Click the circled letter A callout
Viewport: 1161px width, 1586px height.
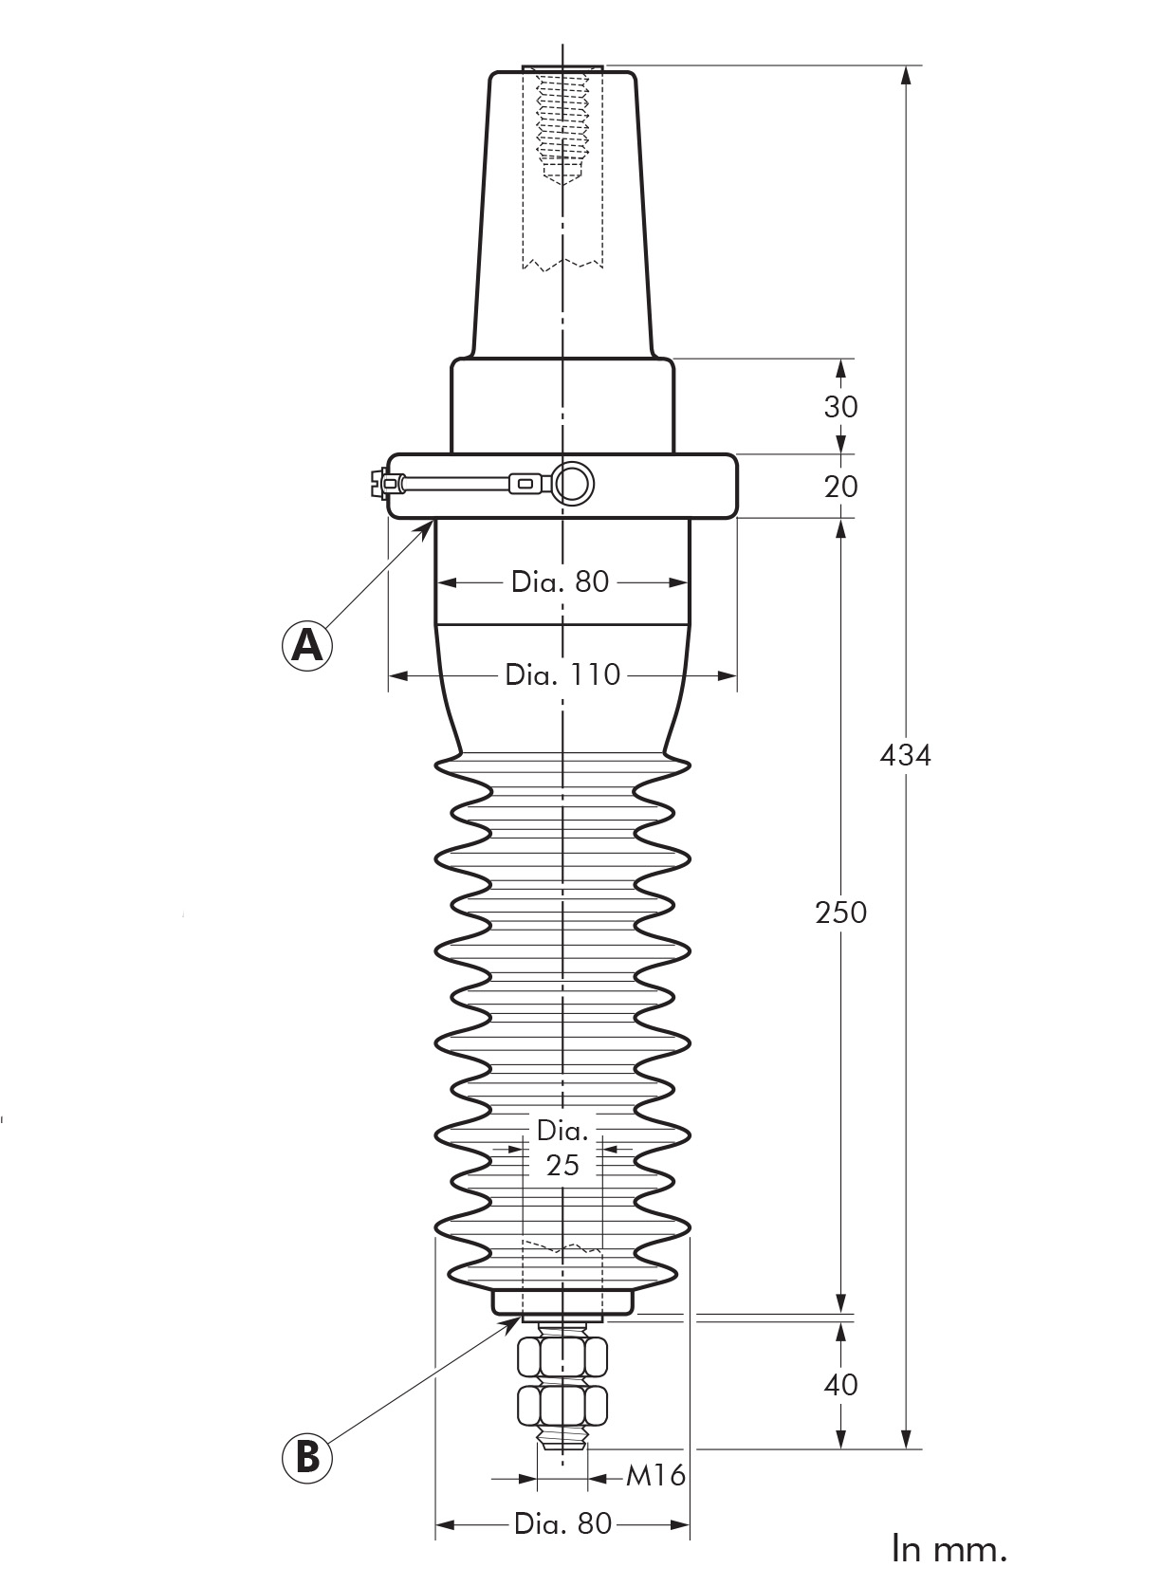306,644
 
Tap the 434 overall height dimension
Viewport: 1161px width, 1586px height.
906,756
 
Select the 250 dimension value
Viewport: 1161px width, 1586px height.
841,913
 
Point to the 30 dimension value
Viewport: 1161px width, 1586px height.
841,407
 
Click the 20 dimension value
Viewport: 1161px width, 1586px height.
841,487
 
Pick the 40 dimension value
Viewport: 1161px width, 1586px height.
841,1384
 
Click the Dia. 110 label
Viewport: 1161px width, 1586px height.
562,674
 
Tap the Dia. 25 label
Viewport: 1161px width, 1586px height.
562,1147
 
